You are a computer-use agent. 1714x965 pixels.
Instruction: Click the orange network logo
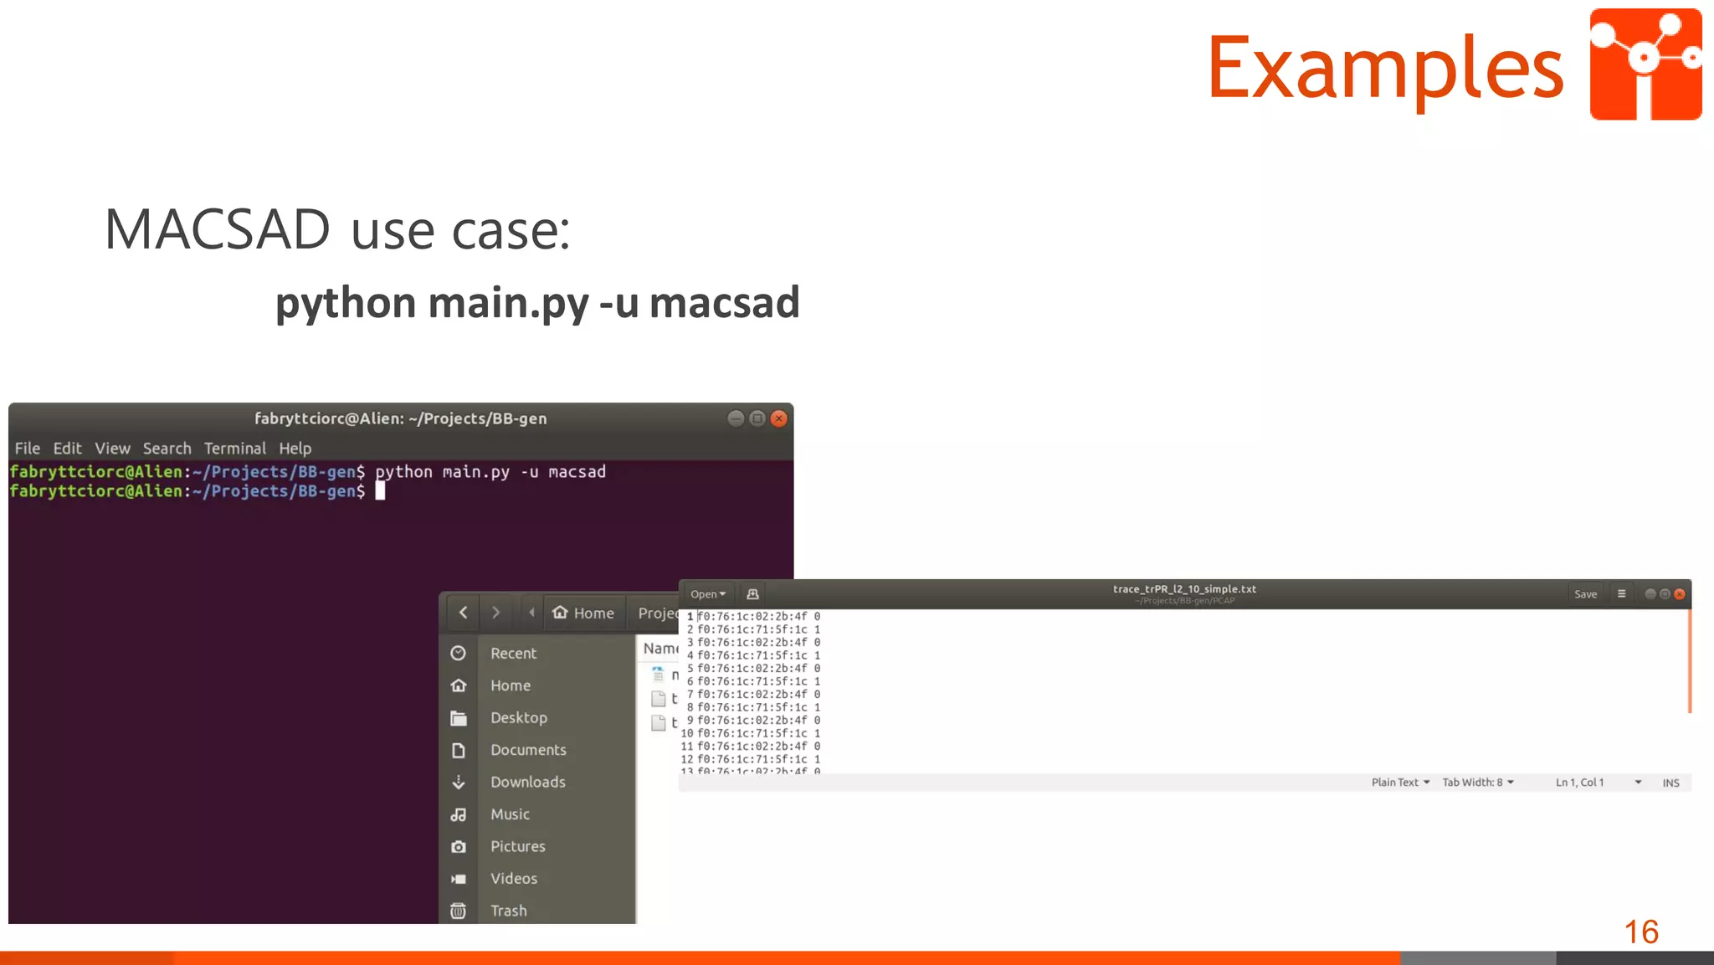[1645, 64]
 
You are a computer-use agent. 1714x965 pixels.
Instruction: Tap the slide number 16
[1640, 932]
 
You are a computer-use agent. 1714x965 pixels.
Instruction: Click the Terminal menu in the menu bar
[234, 449]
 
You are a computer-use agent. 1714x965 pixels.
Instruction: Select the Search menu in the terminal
[167, 449]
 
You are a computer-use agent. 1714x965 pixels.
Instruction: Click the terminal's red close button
[778, 418]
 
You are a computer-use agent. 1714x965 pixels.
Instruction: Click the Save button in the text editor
[1585, 594]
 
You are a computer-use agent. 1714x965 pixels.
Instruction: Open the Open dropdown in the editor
[707, 594]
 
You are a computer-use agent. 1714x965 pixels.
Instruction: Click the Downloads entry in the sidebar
[527, 782]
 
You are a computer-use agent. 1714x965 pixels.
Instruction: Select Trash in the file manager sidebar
[508, 911]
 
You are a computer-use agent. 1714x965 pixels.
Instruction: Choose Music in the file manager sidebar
[510, 814]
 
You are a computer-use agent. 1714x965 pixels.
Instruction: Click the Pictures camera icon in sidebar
[459, 847]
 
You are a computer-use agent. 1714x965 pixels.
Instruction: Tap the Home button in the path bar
[583, 613]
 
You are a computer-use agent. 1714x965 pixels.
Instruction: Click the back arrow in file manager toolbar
[463, 613]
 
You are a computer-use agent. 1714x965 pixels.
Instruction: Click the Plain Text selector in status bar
[1399, 783]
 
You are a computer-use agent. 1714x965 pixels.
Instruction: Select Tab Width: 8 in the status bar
[1477, 783]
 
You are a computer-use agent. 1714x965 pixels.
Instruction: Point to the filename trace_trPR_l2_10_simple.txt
[1183, 589]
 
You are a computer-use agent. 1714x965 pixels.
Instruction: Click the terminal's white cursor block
[380, 491]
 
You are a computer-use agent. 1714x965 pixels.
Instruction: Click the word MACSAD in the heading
[218, 229]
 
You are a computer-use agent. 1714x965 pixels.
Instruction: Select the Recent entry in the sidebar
[513, 654]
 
